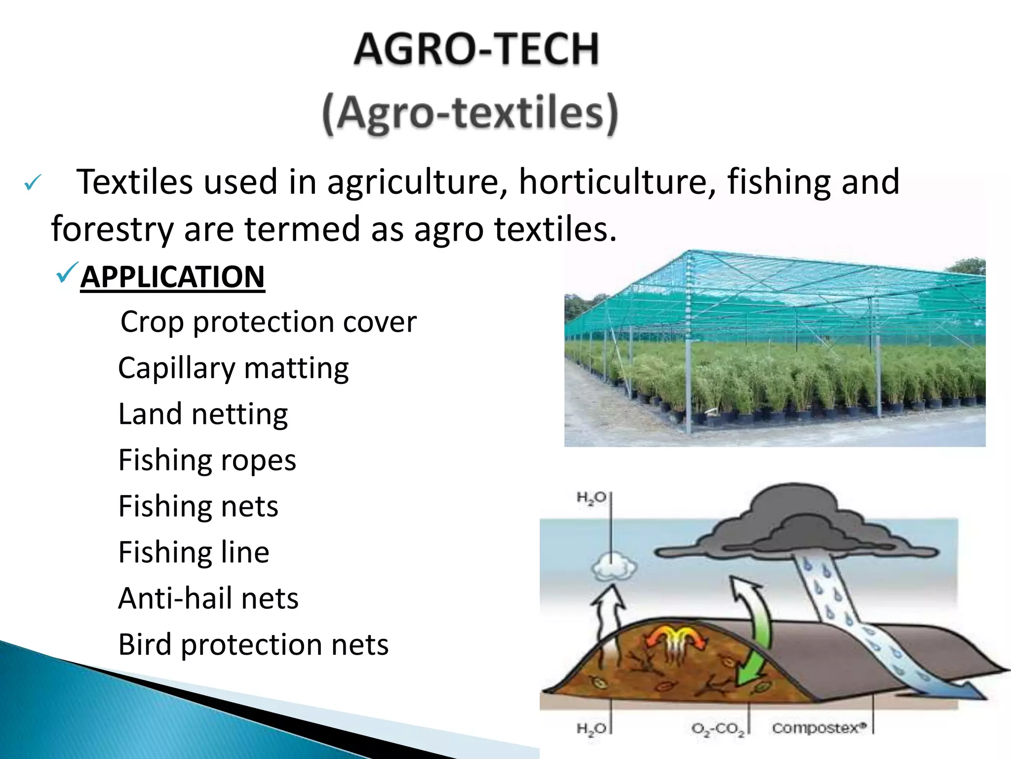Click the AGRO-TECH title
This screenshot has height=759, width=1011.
(476, 49)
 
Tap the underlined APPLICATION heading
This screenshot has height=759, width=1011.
(173, 277)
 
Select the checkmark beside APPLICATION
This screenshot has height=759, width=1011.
(67, 273)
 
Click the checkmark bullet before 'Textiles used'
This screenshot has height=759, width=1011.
(33, 184)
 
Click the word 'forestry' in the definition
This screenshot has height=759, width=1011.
(112, 229)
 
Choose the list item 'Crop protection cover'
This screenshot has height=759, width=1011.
(269, 322)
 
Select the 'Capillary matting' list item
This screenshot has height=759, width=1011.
(233, 368)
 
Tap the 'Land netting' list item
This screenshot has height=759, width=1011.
(203, 414)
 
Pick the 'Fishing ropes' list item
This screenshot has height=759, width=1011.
(207, 460)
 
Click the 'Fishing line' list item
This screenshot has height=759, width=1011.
(194, 552)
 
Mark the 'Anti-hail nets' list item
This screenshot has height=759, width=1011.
(208, 598)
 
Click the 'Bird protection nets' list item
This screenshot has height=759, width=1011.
(253, 645)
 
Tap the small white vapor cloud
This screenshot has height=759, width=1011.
(614, 566)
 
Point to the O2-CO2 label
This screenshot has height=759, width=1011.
(718, 729)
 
